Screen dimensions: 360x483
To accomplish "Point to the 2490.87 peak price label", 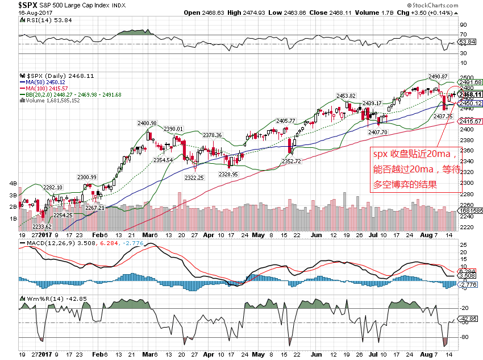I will [438, 77].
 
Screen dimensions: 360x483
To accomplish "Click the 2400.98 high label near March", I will [147, 123].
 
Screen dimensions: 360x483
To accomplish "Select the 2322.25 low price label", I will [194, 177].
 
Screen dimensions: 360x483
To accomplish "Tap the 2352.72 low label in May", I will [292, 162].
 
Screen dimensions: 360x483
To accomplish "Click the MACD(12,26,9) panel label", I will [48, 243].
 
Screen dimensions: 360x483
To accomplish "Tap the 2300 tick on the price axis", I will [466, 183].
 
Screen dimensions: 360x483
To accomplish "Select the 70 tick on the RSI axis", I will [463, 35].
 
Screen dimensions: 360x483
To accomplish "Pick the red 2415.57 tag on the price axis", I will [470, 121].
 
